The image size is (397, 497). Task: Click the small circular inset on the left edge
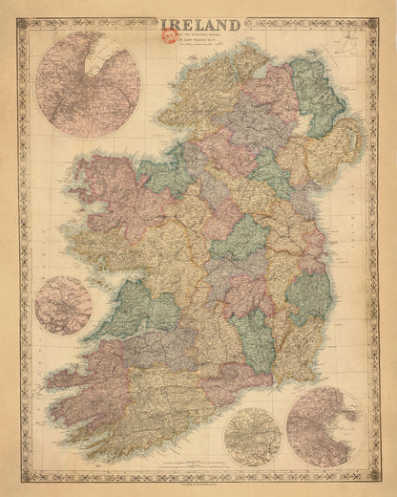63,304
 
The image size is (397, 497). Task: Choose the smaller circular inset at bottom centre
252,436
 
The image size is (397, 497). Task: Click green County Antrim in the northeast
315,96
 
